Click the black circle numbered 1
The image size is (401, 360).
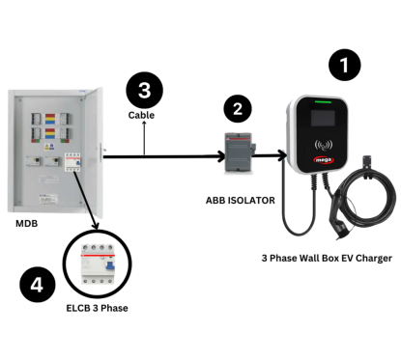click(344, 65)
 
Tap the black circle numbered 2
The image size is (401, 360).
click(238, 109)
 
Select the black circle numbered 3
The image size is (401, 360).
click(144, 90)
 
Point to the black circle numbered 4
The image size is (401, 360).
click(38, 285)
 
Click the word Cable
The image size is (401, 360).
click(141, 115)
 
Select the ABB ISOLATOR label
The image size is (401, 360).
click(241, 201)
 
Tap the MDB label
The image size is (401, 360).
click(27, 223)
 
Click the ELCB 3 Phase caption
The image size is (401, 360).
click(97, 308)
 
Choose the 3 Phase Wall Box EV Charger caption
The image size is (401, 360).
click(327, 259)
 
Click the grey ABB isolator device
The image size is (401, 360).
click(239, 152)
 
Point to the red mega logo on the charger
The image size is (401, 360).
click(324, 159)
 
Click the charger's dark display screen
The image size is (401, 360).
click(323, 118)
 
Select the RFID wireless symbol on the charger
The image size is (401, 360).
click(324, 146)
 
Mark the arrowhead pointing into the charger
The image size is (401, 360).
click(282, 155)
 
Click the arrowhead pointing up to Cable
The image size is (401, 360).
click(144, 124)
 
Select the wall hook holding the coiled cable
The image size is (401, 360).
click(367, 165)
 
